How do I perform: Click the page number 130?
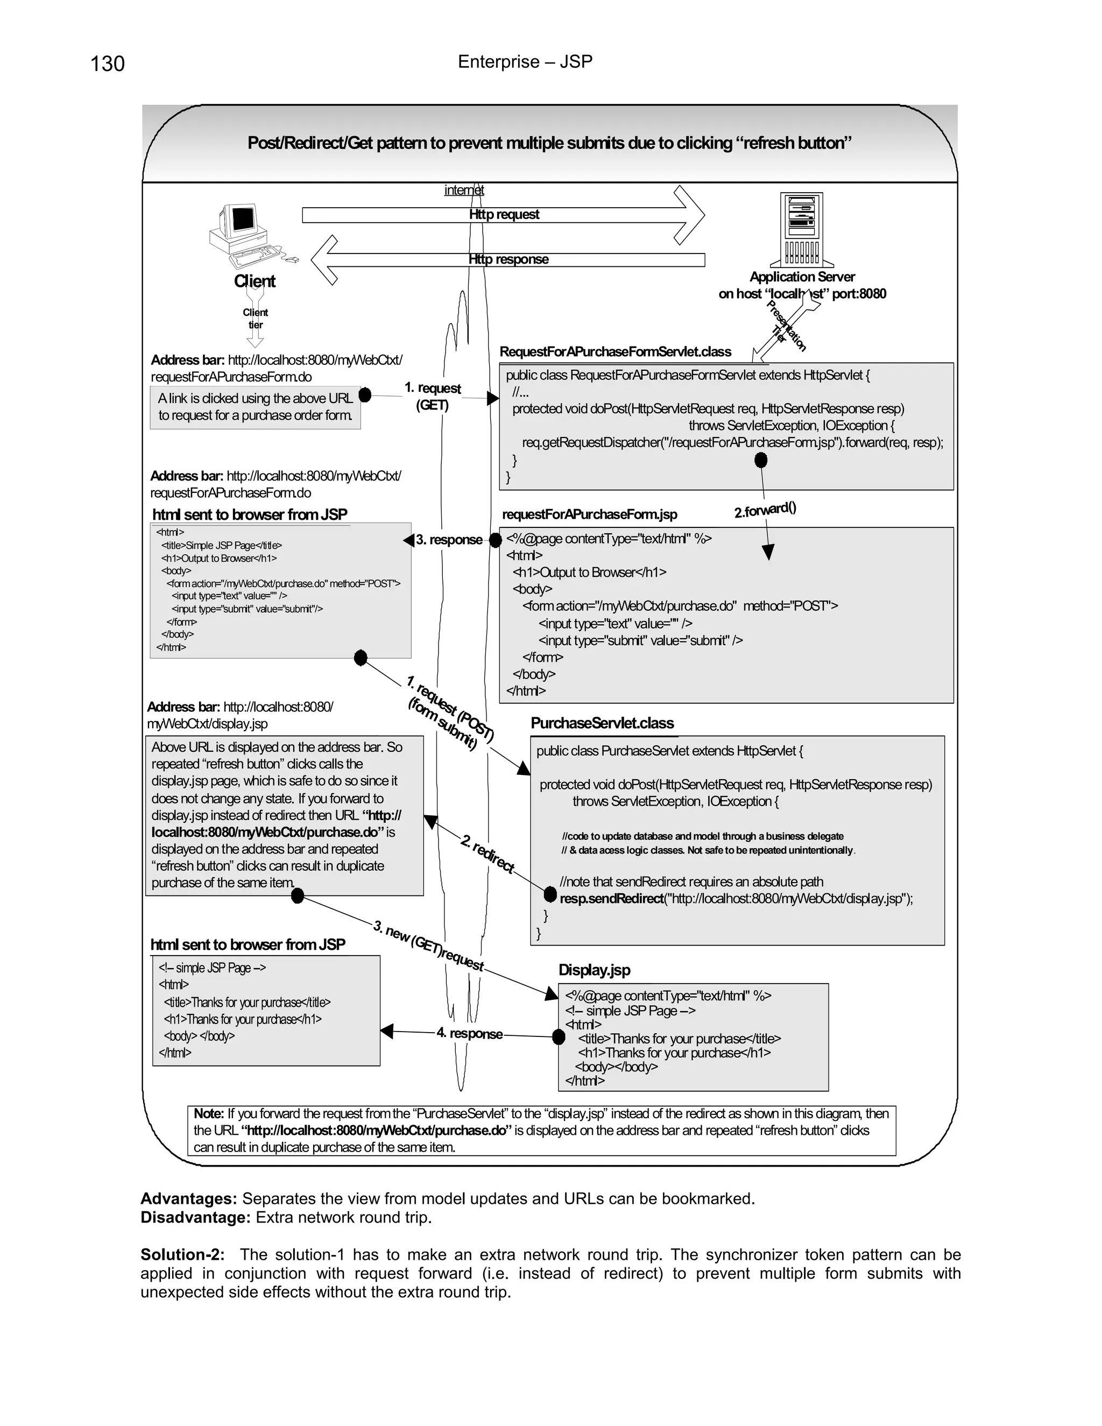pyautogui.click(x=107, y=64)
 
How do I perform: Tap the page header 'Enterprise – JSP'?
pyautogui.click(x=525, y=62)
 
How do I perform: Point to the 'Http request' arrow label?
pyautogui.click(x=504, y=215)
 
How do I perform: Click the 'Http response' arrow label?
pyautogui.click(x=508, y=260)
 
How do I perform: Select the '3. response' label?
pyautogui.click(x=449, y=540)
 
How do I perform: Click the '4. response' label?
pyautogui.click(x=469, y=1034)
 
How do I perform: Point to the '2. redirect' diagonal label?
pyautogui.click(x=487, y=853)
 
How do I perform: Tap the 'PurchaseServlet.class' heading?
pyautogui.click(x=602, y=723)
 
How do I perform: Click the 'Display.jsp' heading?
pyautogui.click(x=594, y=970)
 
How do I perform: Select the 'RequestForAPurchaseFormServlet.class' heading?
pyautogui.click(x=615, y=352)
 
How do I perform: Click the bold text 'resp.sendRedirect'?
pyautogui.click(x=611, y=899)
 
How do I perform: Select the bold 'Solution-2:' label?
pyautogui.click(x=183, y=1255)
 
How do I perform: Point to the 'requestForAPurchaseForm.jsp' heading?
pyautogui.click(x=590, y=514)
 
